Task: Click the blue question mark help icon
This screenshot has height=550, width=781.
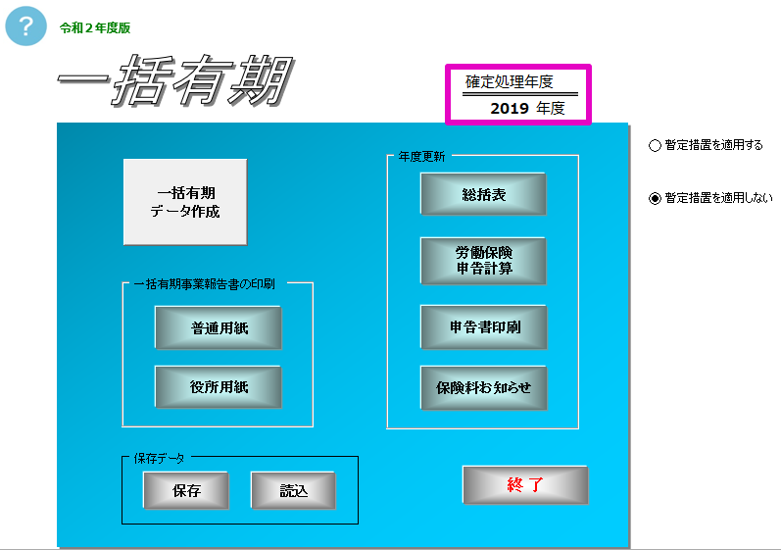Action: coord(25,25)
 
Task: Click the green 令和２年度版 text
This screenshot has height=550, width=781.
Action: coord(95,27)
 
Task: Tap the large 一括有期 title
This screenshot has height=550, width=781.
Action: coord(175,80)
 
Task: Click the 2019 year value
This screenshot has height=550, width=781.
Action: coord(509,108)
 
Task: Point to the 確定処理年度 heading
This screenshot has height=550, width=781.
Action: coord(509,81)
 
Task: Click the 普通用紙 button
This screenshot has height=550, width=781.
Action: coord(219,327)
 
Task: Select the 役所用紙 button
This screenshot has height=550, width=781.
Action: coord(219,387)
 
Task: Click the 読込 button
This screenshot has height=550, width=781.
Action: coord(293,491)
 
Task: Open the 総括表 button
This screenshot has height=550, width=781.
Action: coord(483,194)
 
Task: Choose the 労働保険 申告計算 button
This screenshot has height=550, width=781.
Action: coord(483,261)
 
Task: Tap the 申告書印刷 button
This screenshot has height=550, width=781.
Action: coord(484,326)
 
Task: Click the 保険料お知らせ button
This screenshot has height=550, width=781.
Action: coord(484,387)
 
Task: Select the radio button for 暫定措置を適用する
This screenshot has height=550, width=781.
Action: coord(655,145)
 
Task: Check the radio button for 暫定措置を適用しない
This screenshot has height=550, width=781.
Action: coord(655,198)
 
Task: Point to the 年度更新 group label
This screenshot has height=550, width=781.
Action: coord(421,157)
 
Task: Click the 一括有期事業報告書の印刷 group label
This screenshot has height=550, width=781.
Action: coord(204,284)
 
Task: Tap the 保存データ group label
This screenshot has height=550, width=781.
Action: coord(159,459)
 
